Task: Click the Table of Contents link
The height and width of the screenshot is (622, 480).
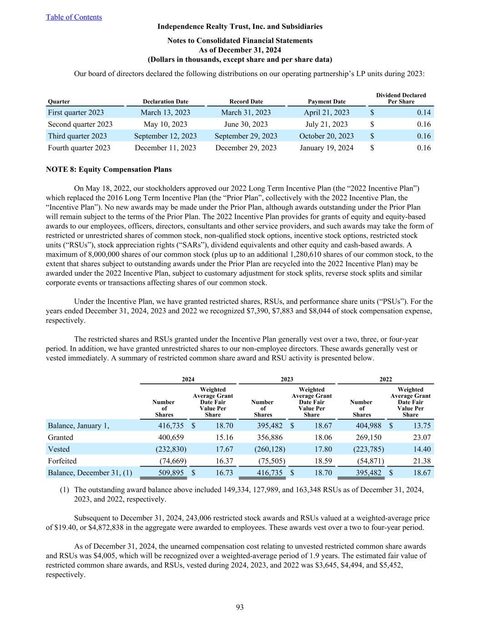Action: pos(74,17)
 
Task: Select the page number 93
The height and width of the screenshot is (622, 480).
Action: pos(240,607)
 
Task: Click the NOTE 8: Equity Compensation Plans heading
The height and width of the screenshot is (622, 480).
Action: pos(109,170)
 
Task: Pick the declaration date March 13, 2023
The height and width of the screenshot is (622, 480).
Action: pos(165,113)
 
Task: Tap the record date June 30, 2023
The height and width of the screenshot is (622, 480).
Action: pos(246,124)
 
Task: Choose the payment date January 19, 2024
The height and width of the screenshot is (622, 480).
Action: pos(326,148)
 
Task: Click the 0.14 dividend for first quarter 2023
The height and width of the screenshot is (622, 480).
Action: pos(424,113)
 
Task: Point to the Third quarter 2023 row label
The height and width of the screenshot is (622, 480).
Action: pos(77,136)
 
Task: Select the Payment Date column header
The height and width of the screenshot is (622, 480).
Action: pos(326,102)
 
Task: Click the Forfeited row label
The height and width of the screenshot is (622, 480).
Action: pos(62,461)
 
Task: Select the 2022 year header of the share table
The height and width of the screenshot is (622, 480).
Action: pos(385,379)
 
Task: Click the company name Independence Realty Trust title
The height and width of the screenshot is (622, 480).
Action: pos(240,26)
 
